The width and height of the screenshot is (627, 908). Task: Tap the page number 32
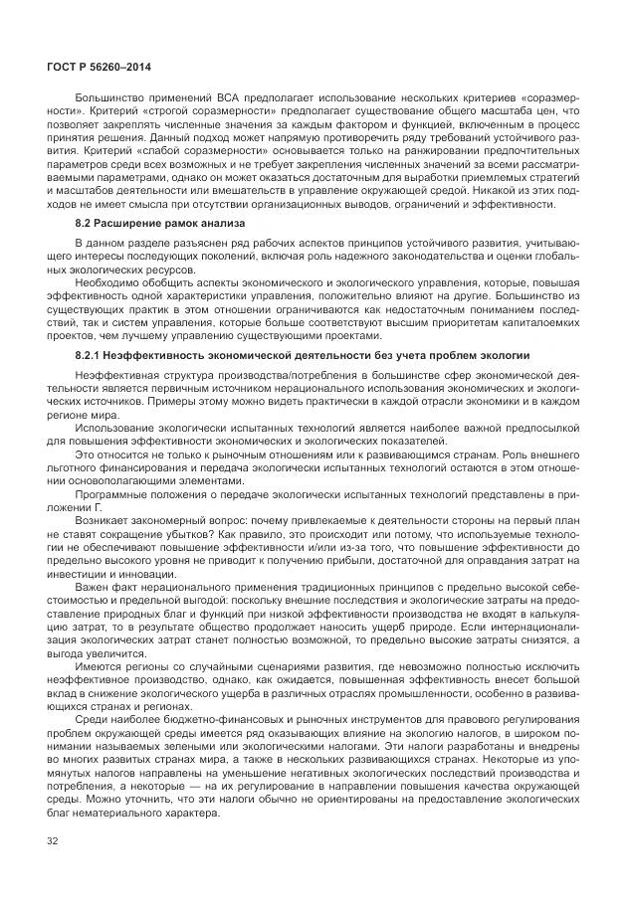pos(53,844)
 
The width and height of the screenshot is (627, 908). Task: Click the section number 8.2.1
pos(93,355)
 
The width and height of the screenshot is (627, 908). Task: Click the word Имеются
pos(104,687)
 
